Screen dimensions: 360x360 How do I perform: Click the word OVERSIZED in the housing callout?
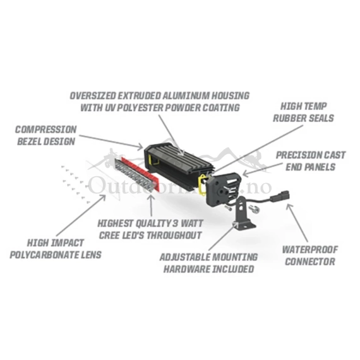click(x=92, y=96)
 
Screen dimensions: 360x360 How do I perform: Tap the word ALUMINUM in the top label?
click(x=186, y=96)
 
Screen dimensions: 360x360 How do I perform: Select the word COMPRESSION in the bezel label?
click(x=46, y=129)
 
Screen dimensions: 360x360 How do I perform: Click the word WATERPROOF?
click(x=310, y=249)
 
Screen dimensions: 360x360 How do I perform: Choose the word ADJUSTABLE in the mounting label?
click(x=184, y=257)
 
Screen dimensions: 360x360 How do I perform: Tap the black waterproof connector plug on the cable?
click(x=280, y=196)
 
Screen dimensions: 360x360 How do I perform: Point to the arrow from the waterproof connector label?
click(x=297, y=223)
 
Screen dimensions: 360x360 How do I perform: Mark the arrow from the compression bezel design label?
click(x=111, y=141)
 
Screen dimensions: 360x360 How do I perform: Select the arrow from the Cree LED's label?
click(x=151, y=205)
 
